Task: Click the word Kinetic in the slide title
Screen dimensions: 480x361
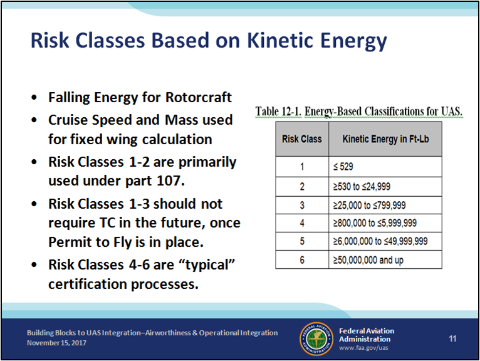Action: tap(280, 40)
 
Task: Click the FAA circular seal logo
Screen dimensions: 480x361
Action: tap(316, 339)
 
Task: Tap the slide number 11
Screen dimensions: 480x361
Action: tap(453, 338)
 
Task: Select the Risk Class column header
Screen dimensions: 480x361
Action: tap(302, 139)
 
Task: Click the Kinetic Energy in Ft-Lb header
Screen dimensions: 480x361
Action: tap(385, 139)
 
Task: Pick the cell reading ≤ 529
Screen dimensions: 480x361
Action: tap(385, 167)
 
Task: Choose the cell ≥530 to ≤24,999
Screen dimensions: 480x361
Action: tap(385, 187)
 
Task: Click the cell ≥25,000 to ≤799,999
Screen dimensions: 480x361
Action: tap(385, 205)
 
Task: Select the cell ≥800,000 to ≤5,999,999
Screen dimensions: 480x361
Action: tap(385, 223)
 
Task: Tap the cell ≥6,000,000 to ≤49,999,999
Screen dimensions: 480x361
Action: tap(385, 241)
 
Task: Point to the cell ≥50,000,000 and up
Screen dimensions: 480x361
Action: tap(385, 260)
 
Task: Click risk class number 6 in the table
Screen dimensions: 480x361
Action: tap(302, 260)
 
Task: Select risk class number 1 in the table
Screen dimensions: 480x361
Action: tap(302, 167)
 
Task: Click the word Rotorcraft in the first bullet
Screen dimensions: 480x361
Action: tap(199, 97)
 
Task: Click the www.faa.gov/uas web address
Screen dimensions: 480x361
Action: tap(363, 348)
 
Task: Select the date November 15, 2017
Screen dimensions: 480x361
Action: tap(56, 343)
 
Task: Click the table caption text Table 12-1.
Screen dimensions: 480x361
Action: tap(278, 112)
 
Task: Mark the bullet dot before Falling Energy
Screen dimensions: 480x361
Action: tap(34, 98)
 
